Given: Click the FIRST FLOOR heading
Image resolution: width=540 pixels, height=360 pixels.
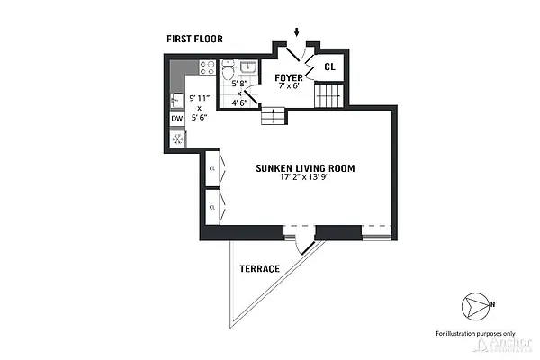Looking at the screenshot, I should pyautogui.click(x=194, y=39).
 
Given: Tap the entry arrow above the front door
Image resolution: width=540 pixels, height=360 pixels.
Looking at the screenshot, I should pyautogui.click(x=297, y=33).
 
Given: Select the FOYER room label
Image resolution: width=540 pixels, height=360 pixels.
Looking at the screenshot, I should pyautogui.click(x=289, y=77).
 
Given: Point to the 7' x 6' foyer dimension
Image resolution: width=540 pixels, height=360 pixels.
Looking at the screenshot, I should pyautogui.click(x=289, y=86).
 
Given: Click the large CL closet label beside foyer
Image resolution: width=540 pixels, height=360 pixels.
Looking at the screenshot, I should pyautogui.click(x=329, y=67).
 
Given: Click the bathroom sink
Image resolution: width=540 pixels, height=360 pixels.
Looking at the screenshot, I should pyautogui.click(x=249, y=68).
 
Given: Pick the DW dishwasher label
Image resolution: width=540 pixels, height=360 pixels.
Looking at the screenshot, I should pyautogui.click(x=176, y=118).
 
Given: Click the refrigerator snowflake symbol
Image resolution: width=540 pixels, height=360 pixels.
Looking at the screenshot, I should pyautogui.click(x=177, y=139).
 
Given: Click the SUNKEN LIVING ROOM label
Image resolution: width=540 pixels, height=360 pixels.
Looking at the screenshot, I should pyautogui.click(x=305, y=167).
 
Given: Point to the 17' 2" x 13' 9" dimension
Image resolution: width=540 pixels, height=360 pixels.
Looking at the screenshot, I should pyautogui.click(x=305, y=178).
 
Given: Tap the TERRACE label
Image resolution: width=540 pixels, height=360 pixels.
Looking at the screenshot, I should pyautogui.click(x=259, y=268).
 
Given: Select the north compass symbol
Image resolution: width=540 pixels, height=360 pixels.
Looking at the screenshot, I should pyautogui.click(x=476, y=304).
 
